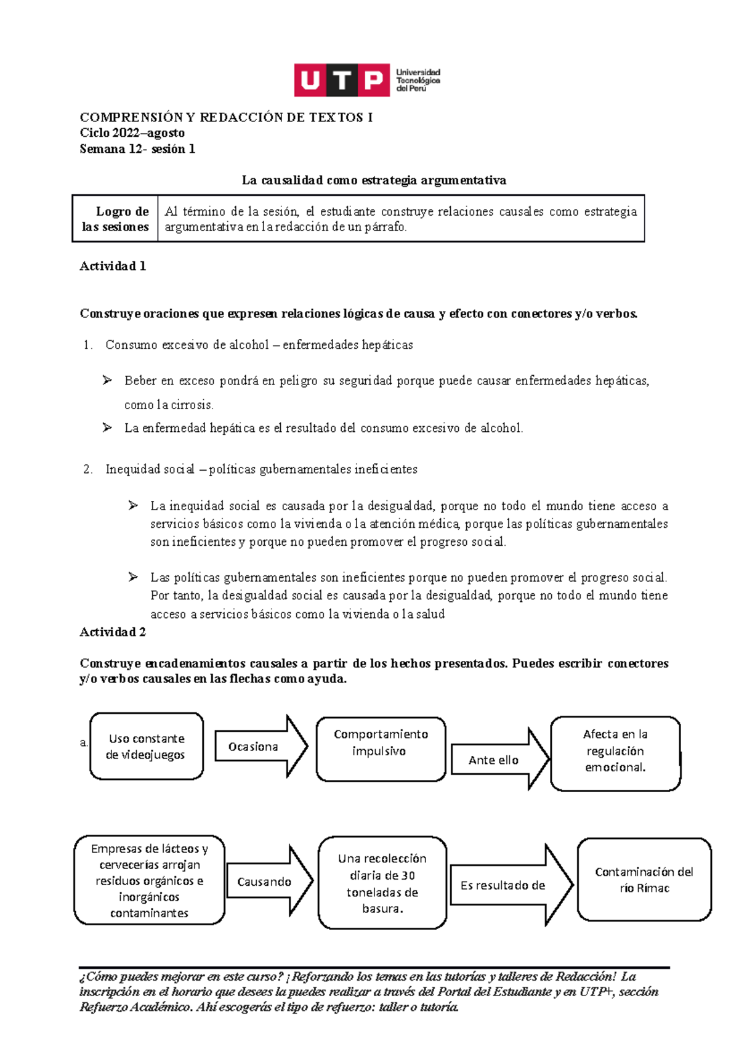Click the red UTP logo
coord(342,80)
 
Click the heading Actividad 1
coord(113,266)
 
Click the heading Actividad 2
coord(113,632)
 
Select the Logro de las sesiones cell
coord(115,219)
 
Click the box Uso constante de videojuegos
coord(146,746)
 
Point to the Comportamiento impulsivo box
coord(381,748)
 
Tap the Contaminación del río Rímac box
coord(644,880)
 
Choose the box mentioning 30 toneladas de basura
coord(382,883)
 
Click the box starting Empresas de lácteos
coord(149,880)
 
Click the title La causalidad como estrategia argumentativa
coord(374,180)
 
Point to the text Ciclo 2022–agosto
coord(132,133)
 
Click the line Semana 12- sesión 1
coord(137,149)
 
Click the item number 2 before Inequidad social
coord(87,469)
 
